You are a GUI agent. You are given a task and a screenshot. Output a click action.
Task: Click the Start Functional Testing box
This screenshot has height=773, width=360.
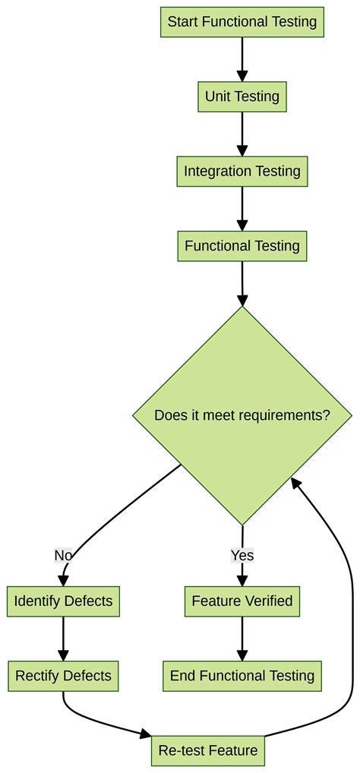(x=242, y=22)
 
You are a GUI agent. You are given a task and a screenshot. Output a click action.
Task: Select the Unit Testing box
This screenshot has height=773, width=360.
(x=242, y=96)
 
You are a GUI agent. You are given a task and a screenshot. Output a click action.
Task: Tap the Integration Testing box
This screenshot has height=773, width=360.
(x=242, y=171)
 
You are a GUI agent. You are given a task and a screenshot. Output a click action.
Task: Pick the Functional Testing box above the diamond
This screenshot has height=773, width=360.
(x=242, y=246)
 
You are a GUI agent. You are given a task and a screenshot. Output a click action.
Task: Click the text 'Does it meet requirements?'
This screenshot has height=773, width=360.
(x=242, y=415)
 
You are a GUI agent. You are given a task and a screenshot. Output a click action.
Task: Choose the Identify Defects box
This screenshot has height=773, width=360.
(x=63, y=601)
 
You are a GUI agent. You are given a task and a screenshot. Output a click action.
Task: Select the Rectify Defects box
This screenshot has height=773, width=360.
(x=63, y=676)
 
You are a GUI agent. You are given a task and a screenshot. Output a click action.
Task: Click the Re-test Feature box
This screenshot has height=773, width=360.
(x=208, y=751)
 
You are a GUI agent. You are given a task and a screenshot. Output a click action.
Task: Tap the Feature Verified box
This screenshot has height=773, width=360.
(x=242, y=601)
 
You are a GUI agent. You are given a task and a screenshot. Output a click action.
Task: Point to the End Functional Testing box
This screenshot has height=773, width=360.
(x=242, y=676)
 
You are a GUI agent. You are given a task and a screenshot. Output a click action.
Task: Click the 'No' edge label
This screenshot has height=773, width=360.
(x=63, y=555)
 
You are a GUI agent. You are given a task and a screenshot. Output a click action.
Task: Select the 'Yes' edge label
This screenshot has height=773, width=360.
(x=242, y=555)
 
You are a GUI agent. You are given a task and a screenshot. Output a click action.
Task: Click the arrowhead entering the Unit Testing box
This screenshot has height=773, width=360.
(x=242, y=76)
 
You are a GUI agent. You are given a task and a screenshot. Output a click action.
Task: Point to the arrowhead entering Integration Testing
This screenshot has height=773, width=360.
(x=242, y=150)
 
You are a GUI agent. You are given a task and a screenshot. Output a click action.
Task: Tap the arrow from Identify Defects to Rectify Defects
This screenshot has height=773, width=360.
(x=63, y=639)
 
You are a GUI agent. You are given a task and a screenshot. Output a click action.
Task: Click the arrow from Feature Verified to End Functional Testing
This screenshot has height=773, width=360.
(x=242, y=639)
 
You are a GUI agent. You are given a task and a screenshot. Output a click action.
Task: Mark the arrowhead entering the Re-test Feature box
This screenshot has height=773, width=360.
(x=145, y=734)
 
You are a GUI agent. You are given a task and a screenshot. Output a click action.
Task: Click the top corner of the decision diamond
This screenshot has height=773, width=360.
(x=242, y=307)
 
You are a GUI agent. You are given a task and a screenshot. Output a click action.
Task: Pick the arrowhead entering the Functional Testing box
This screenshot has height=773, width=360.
(x=242, y=226)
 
